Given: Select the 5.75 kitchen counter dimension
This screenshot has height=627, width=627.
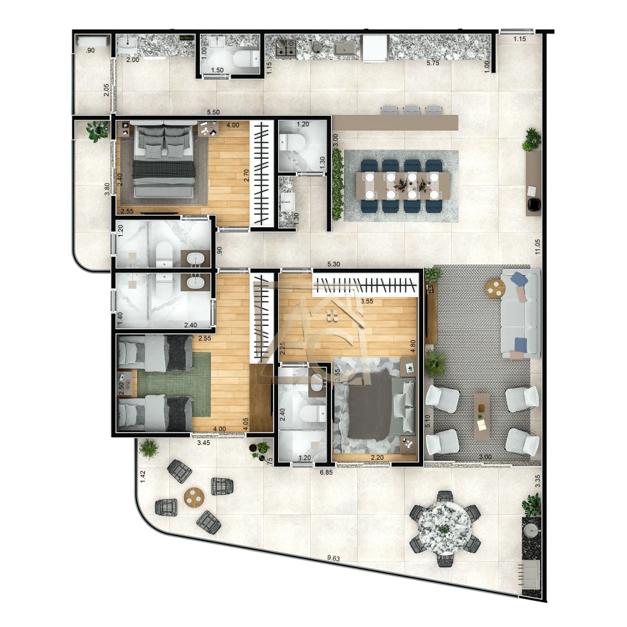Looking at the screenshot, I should [x=432, y=63].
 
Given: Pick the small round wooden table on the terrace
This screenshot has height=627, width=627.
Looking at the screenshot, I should [x=194, y=498].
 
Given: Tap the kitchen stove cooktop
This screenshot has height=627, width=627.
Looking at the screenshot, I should [x=286, y=46].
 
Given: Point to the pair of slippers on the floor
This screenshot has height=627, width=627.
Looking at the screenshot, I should [x=332, y=317].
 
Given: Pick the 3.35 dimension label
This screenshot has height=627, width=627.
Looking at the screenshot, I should [x=538, y=481].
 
